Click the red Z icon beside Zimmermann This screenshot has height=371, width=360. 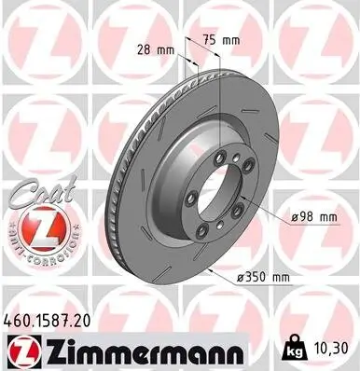click(21, 350)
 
